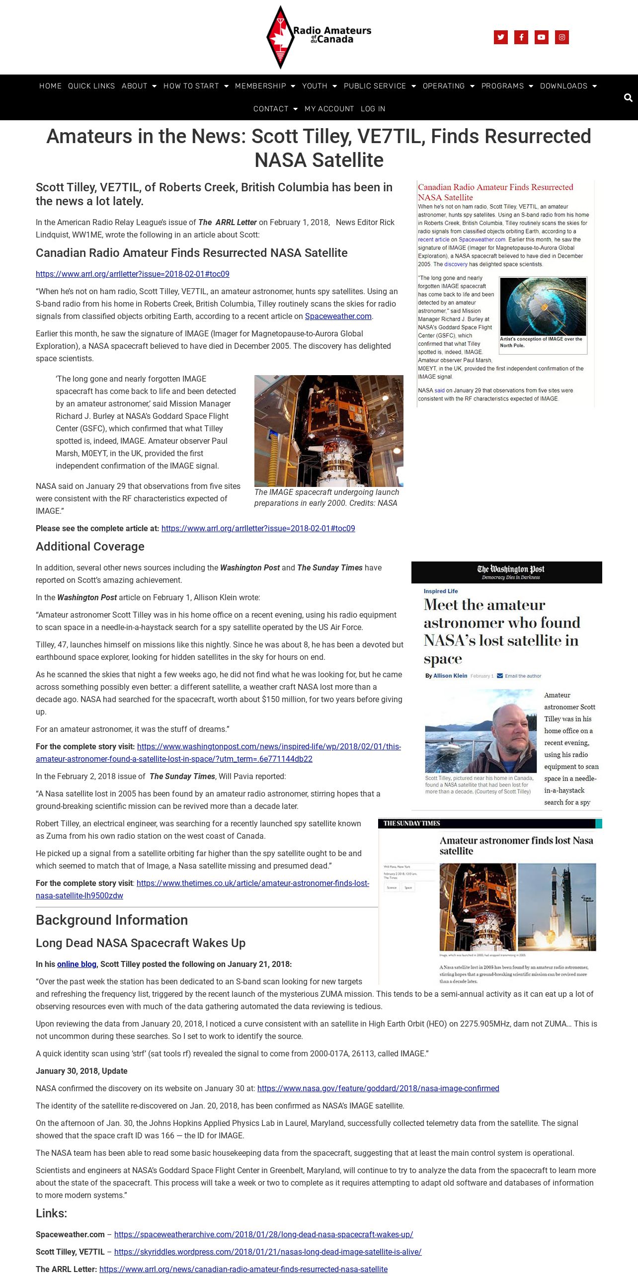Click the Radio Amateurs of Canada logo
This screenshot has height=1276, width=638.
tap(319, 37)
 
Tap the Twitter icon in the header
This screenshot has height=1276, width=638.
tap(500, 37)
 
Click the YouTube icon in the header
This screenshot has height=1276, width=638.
tap(541, 37)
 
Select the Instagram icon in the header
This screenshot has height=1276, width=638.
tap(561, 37)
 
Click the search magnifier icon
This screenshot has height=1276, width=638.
tap(628, 98)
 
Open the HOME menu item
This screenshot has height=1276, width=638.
tap(50, 86)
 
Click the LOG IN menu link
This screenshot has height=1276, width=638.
tap(373, 109)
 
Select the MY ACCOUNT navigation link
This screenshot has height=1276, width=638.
tap(329, 109)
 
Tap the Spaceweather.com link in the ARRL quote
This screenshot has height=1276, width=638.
tap(338, 317)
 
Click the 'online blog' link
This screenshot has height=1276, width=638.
tap(77, 964)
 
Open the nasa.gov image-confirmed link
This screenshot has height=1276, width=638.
tap(378, 1088)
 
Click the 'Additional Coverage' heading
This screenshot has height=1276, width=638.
tap(90, 547)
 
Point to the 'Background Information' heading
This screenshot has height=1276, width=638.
tap(112, 920)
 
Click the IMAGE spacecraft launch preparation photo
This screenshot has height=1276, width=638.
tap(328, 430)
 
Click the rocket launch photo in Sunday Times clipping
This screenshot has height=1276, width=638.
tap(557, 906)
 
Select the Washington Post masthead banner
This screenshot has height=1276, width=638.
tap(506, 572)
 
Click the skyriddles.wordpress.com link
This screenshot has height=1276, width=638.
tap(267, 1252)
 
